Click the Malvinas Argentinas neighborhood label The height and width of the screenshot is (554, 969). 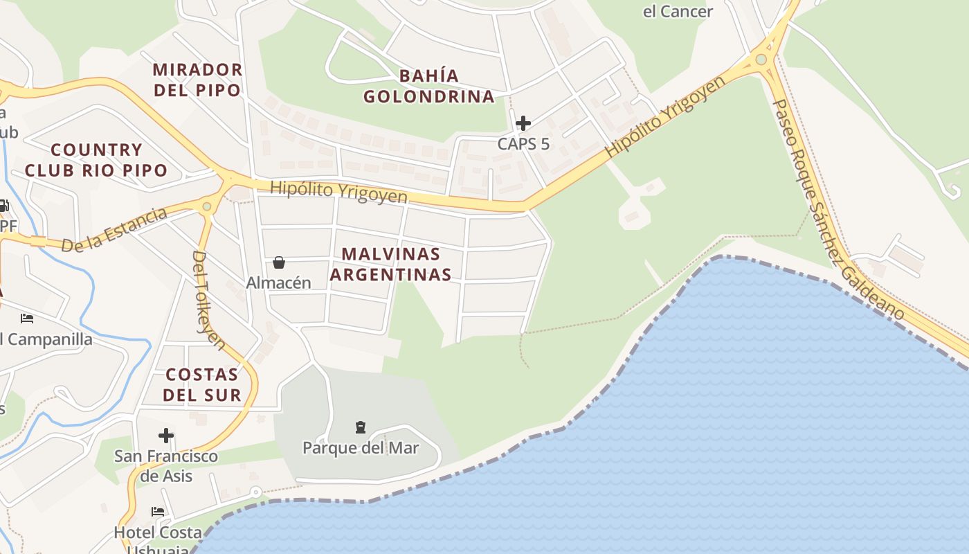click(x=391, y=264)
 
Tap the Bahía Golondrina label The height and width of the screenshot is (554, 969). click(x=429, y=86)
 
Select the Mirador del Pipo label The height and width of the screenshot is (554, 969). click(x=197, y=80)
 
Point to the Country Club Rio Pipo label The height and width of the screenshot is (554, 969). click(x=96, y=160)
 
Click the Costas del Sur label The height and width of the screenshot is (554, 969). click(x=203, y=385)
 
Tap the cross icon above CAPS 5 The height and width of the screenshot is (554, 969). click(x=523, y=123)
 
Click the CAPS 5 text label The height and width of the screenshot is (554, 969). click(x=523, y=144)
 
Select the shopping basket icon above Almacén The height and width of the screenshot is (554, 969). click(x=278, y=262)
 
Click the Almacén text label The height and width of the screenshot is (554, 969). click(x=278, y=283)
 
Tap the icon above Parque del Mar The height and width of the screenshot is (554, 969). click(x=360, y=427)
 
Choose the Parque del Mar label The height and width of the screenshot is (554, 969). click(x=361, y=448)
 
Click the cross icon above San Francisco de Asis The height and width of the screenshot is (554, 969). click(x=166, y=436)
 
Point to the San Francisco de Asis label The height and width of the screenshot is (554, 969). click(x=166, y=466)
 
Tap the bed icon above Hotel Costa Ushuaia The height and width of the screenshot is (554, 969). click(x=158, y=512)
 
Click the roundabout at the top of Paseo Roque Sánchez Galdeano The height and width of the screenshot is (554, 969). click(x=761, y=60)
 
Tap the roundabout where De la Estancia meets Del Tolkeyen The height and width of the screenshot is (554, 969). click(x=206, y=206)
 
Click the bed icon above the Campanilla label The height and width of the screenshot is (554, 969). click(x=27, y=319)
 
